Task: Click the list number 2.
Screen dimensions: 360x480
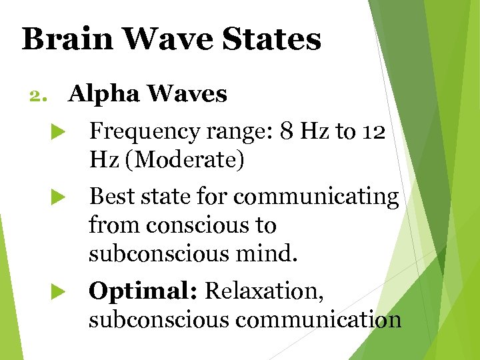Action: (35, 95)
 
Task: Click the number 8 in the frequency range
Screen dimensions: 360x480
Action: (286, 132)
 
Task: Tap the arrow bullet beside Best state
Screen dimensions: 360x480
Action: (57, 197)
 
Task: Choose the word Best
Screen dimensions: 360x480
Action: (111, 197)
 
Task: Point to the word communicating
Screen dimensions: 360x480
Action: (317, 197)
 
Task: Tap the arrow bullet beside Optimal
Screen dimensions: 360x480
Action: (57, 291)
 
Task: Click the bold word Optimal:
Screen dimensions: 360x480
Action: (143, 291)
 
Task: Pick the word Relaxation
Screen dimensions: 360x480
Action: (263, 291)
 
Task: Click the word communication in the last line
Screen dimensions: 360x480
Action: (318, 320)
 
